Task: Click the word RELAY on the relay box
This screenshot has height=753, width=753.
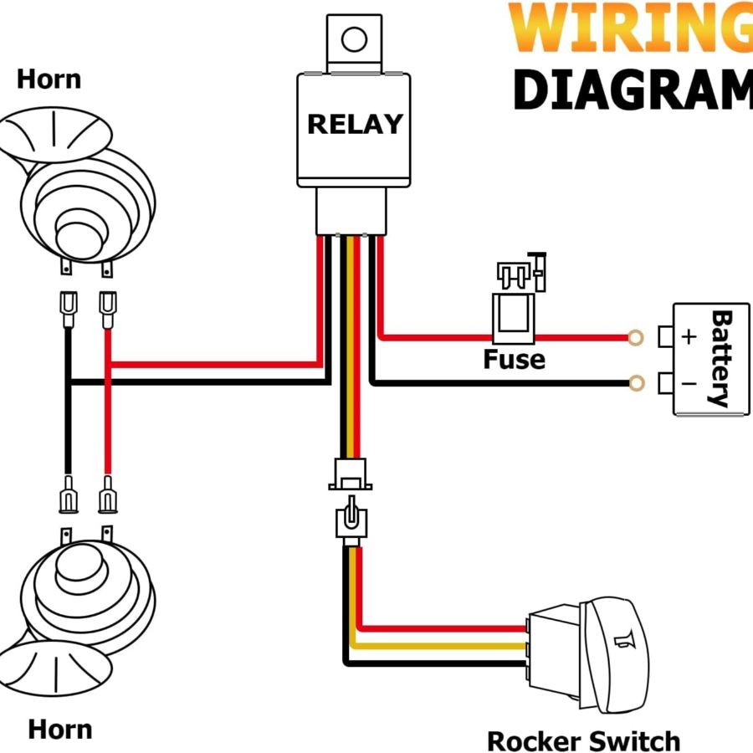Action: pos(355,124)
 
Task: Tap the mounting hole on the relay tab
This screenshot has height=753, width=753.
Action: pos(355,39)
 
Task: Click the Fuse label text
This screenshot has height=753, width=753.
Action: pos(514,361)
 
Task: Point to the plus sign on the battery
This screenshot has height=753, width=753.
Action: pos(689,337)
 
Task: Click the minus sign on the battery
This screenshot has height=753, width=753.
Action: pos(689,384)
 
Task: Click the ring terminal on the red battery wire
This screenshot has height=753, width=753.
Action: pos(635,337)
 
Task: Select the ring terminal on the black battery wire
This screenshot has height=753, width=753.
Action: pos(635,383)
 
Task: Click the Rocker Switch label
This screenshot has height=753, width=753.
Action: pos(583,740)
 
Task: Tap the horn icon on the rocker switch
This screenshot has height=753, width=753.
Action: pos(620,642)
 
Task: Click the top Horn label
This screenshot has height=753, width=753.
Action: pos(49,79)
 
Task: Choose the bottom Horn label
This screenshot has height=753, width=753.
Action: pos(59,728)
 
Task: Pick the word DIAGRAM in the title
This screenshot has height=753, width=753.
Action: pos(632,90)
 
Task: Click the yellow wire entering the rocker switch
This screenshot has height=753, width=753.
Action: pos(443,646)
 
